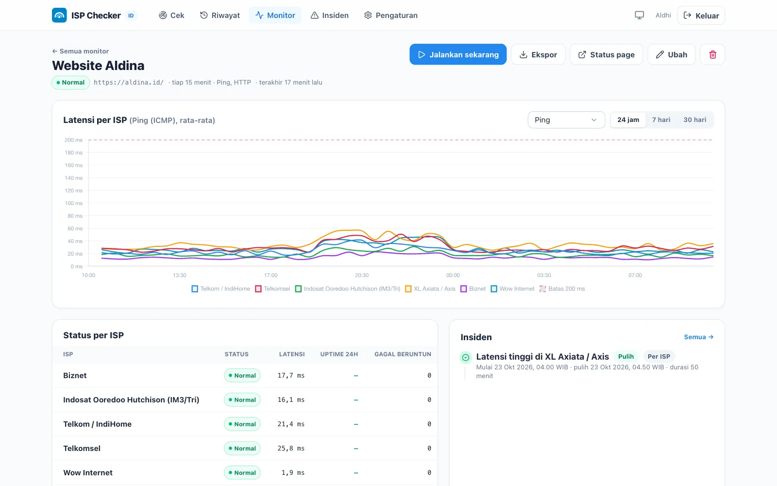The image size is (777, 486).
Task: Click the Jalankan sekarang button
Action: [x=458, y=54]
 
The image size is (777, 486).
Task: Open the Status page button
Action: [x=607, y=54]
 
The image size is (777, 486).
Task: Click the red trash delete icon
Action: [x=712, y=54]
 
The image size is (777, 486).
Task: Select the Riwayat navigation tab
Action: [x=220, y=15]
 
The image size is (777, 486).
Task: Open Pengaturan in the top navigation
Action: [x=390, y=15]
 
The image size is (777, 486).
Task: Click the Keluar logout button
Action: [x=701, y=15]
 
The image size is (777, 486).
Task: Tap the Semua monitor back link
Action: [x=81, y=51]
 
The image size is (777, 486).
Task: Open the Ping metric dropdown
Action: [x=566, y=120]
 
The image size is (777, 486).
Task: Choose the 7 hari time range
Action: [x=661, y=120]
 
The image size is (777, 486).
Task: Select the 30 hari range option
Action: [x=695, y=120]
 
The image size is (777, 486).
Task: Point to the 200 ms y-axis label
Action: [x=73, y=140]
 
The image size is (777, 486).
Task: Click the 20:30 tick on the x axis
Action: [x=362, y=275]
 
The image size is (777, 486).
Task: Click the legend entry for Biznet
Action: [x=473, y=289]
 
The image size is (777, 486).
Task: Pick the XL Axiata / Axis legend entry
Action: [x=430, y=289]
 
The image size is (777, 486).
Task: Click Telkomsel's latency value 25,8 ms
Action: [x=291, y=448]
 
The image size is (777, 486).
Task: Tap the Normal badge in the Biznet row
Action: [x=242, y=375]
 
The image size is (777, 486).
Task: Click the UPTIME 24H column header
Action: [x=339, y=354]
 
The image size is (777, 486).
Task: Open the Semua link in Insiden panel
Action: [x=699, y=337]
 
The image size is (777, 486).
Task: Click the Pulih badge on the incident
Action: [x=626, y=357]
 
